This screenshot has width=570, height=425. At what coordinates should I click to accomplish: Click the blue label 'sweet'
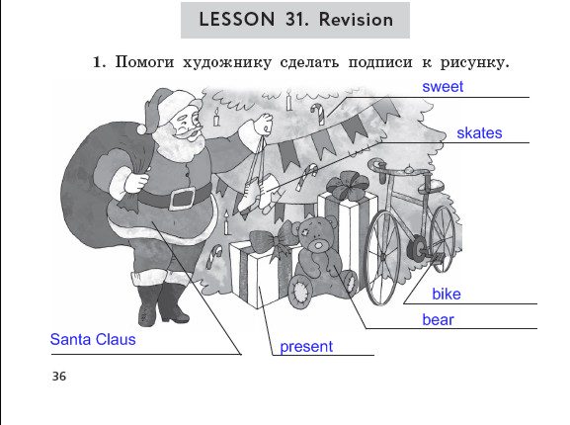pyautogui.click(x=443, y=87)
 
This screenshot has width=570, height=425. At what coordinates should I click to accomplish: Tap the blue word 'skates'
pyautogui.click(x=479, y=133)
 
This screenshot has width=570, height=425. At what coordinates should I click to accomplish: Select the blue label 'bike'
pyautogui.click(x=447, y=294)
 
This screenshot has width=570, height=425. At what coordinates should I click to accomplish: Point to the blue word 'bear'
pyautogui.click(x=438, y=320)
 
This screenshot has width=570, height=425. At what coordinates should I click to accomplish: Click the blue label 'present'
pyautogui.click(x=306, y=347)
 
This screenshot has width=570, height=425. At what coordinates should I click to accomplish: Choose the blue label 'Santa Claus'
pyautogui.click(x=93, y=339)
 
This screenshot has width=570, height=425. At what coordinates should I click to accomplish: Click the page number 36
pyautogui.click(x=59, y=376)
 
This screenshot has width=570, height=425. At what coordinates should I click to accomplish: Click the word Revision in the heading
pyautogui.click(x=356, y=19)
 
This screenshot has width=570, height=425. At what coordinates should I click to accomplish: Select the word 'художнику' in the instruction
pyautogui.click(x=227, y=62)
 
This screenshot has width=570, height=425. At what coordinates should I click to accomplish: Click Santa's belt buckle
pyautogui.click(x=182, y=199)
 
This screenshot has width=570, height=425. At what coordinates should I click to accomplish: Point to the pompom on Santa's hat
pyautogui.click(x=142, y=128)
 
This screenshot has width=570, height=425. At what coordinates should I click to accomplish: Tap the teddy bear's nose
pyautogui.click(x=319, y=244)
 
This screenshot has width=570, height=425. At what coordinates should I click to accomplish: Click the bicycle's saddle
pyautogui.click(x=431, y=187)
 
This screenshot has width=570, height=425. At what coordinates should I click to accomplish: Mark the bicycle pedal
pyautogui.click(x=438, y=258)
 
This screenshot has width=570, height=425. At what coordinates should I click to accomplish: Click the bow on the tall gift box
pyautogui.click(x=348, y=186)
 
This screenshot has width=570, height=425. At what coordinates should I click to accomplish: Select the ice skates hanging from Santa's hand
pyautogui.click(x=259, y=194)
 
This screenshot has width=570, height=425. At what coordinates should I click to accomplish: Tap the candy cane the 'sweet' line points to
pyautogui.click(x=318, y=114)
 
